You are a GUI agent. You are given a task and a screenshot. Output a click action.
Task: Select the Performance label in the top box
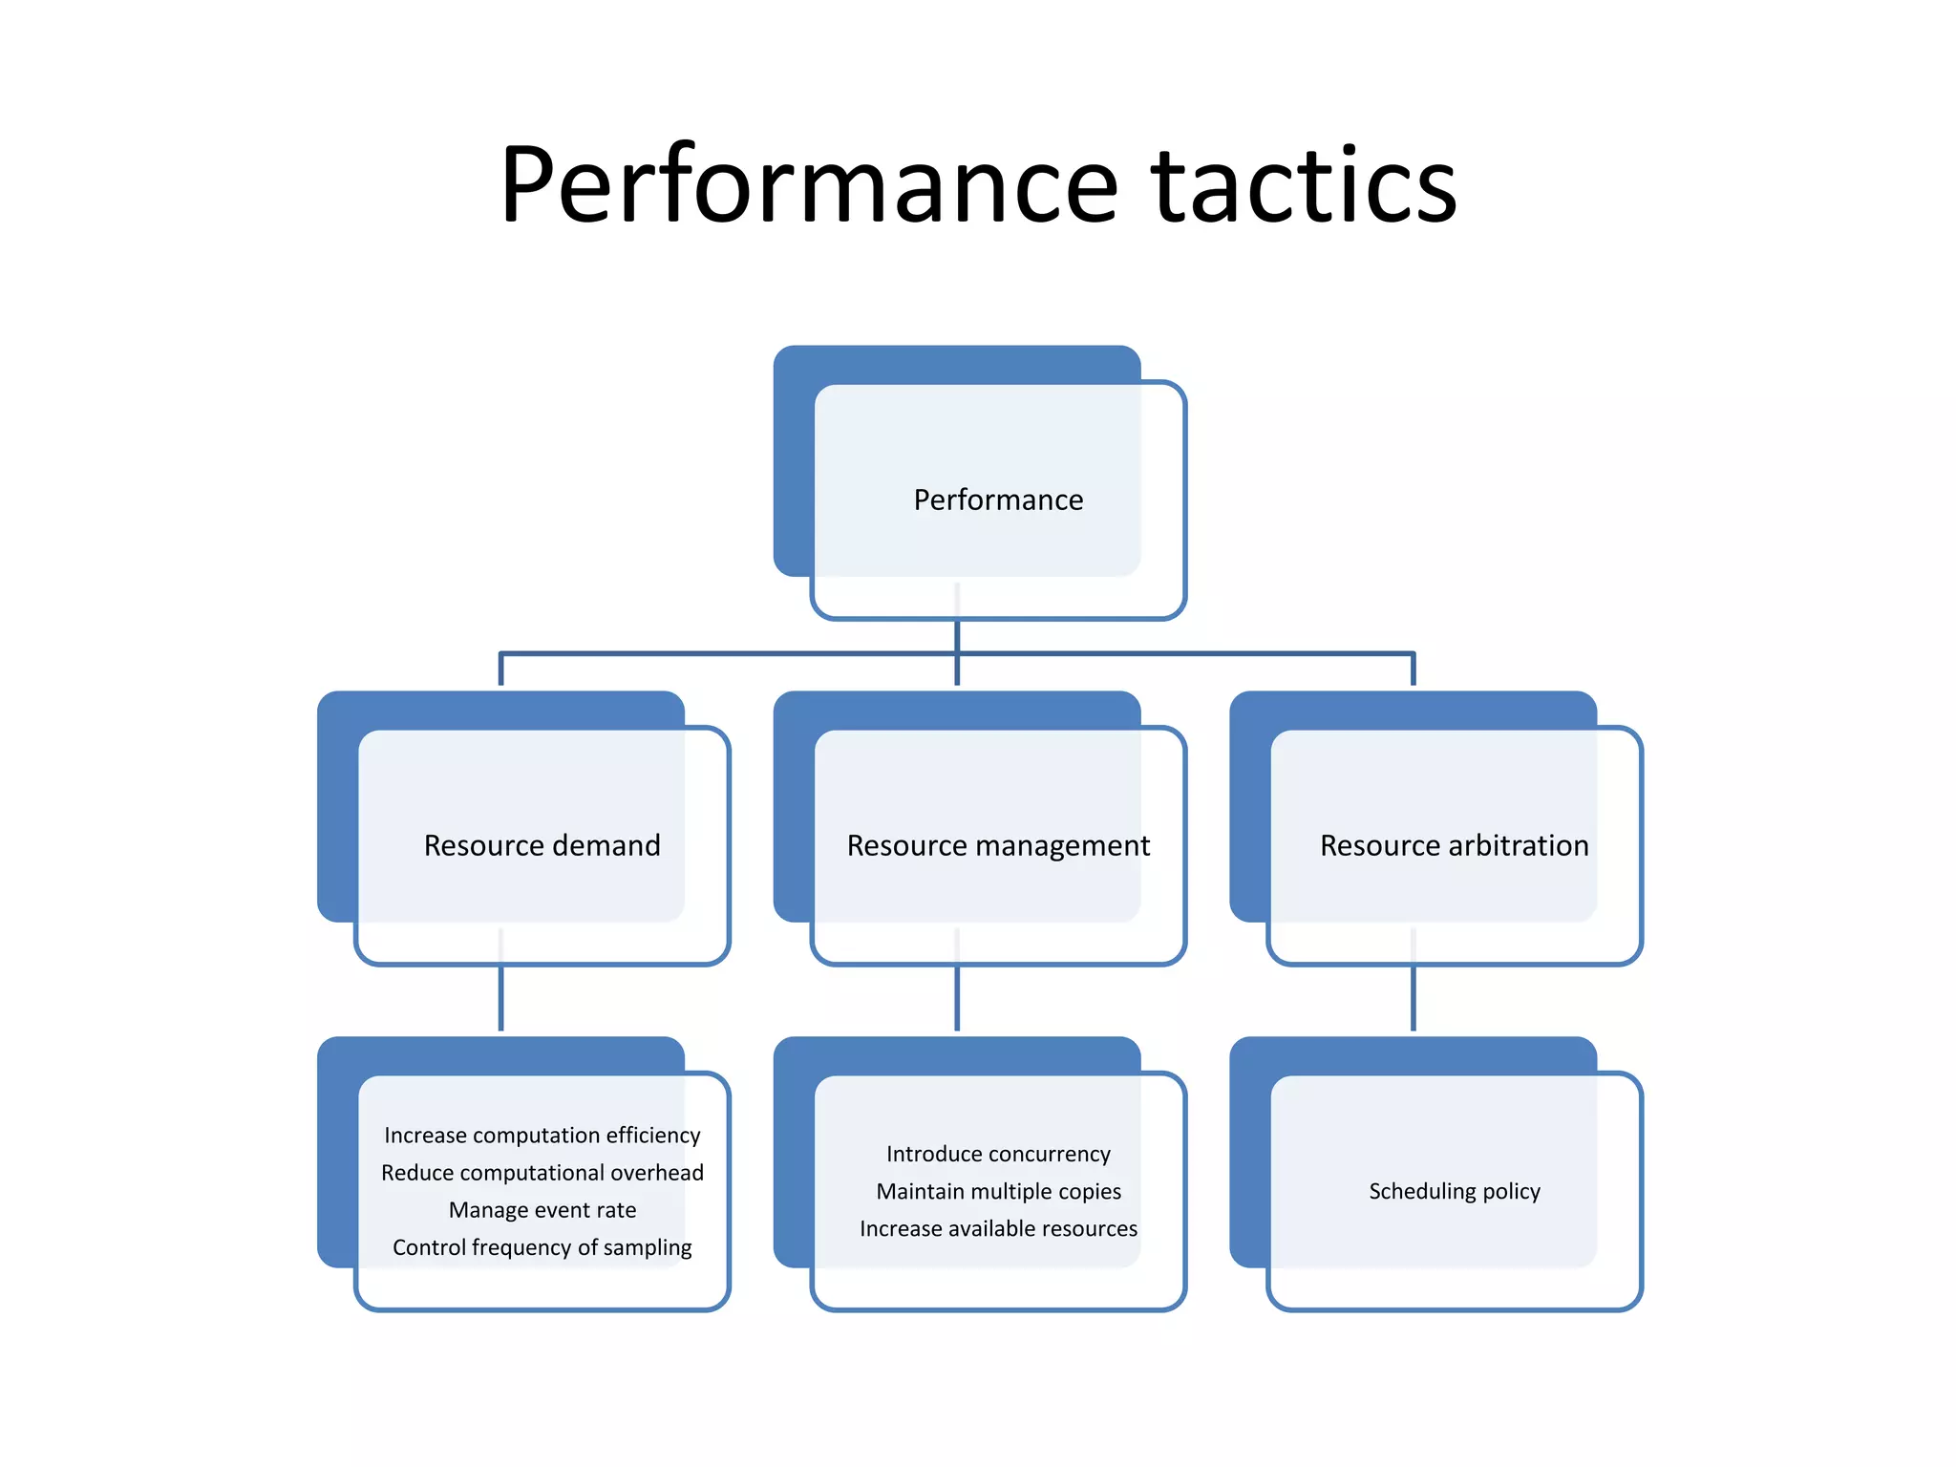[x=998, y=500]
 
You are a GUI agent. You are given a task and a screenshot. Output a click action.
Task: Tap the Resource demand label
[x=542, y=845]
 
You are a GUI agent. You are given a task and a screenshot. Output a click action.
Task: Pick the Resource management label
[x=998, y=845]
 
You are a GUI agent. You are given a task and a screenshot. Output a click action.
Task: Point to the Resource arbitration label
[x=1454, y=845]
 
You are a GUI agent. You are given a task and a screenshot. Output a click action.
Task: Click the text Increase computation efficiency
[x=542, y=1135]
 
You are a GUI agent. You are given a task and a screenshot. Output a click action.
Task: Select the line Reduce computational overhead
[x=542, y=1172]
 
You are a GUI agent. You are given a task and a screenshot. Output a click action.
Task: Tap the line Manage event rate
[x=542, y=1209]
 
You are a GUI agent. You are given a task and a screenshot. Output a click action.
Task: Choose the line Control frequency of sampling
[x=542, y=1246]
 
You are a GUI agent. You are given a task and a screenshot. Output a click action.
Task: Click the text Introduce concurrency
[x=998, y=1154]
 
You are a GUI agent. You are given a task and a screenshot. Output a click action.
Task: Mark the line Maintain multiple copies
[x=998, y=1191]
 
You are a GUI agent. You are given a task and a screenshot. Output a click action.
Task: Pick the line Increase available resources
[x=998, y=1228]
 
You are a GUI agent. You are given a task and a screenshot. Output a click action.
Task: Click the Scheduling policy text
[x=1454, y=1191]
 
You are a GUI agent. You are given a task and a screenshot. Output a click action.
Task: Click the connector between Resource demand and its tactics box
[x=500, y=999]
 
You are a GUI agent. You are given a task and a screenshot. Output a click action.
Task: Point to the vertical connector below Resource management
[x=957, y=999]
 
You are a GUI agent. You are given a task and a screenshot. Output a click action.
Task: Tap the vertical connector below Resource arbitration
[x=1413, y=999]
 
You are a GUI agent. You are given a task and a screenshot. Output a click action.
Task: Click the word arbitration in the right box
[x=1518, y=845]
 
